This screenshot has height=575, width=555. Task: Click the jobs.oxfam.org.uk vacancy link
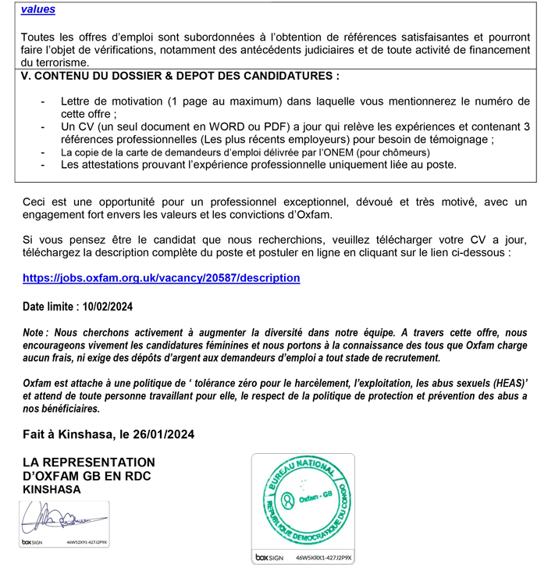(x=161, y=277)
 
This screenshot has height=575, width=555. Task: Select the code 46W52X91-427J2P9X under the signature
(x=87, y=541)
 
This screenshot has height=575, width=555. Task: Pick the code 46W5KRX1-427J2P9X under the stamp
(x=324, y=559)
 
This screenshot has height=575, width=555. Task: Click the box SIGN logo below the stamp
(x=269, y=559)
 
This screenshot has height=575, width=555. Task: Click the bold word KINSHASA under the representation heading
(x=52, y=490)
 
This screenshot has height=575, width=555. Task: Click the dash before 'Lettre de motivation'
(x=42, y=102)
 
